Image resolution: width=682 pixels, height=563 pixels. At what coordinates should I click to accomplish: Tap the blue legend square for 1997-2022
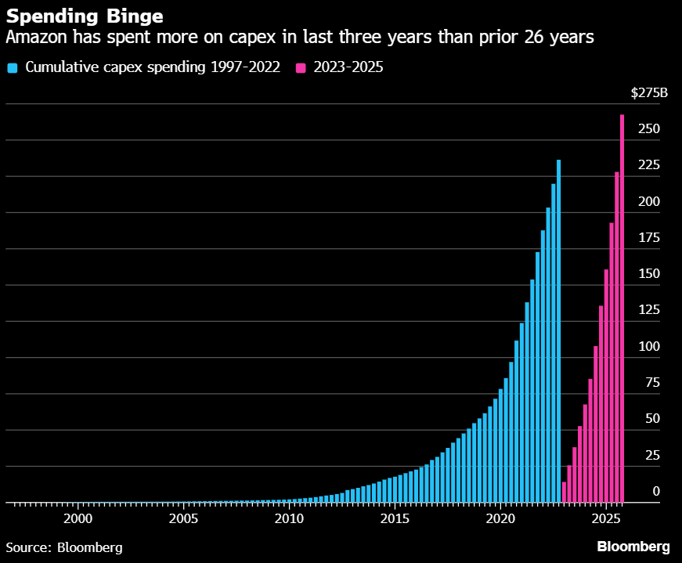tap(12, 67)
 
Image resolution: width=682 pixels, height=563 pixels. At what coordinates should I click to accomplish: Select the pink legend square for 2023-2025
tap(301, 67)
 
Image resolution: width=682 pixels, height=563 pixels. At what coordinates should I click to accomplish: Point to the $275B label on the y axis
tap(649, 93)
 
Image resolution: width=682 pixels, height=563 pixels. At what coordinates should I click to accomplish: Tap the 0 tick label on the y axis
tap(656, 492)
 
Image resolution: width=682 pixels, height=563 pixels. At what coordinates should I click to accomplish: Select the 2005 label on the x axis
tap(183, 519)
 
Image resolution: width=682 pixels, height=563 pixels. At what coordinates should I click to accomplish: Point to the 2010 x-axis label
tap(289, 519)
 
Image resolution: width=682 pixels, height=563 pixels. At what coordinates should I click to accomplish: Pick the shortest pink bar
tap(564, 492)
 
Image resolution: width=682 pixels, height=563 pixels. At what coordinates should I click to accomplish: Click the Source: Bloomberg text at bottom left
tap(64, 547)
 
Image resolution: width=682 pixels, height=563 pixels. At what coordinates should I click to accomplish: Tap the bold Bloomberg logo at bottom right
tap(633, 547)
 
